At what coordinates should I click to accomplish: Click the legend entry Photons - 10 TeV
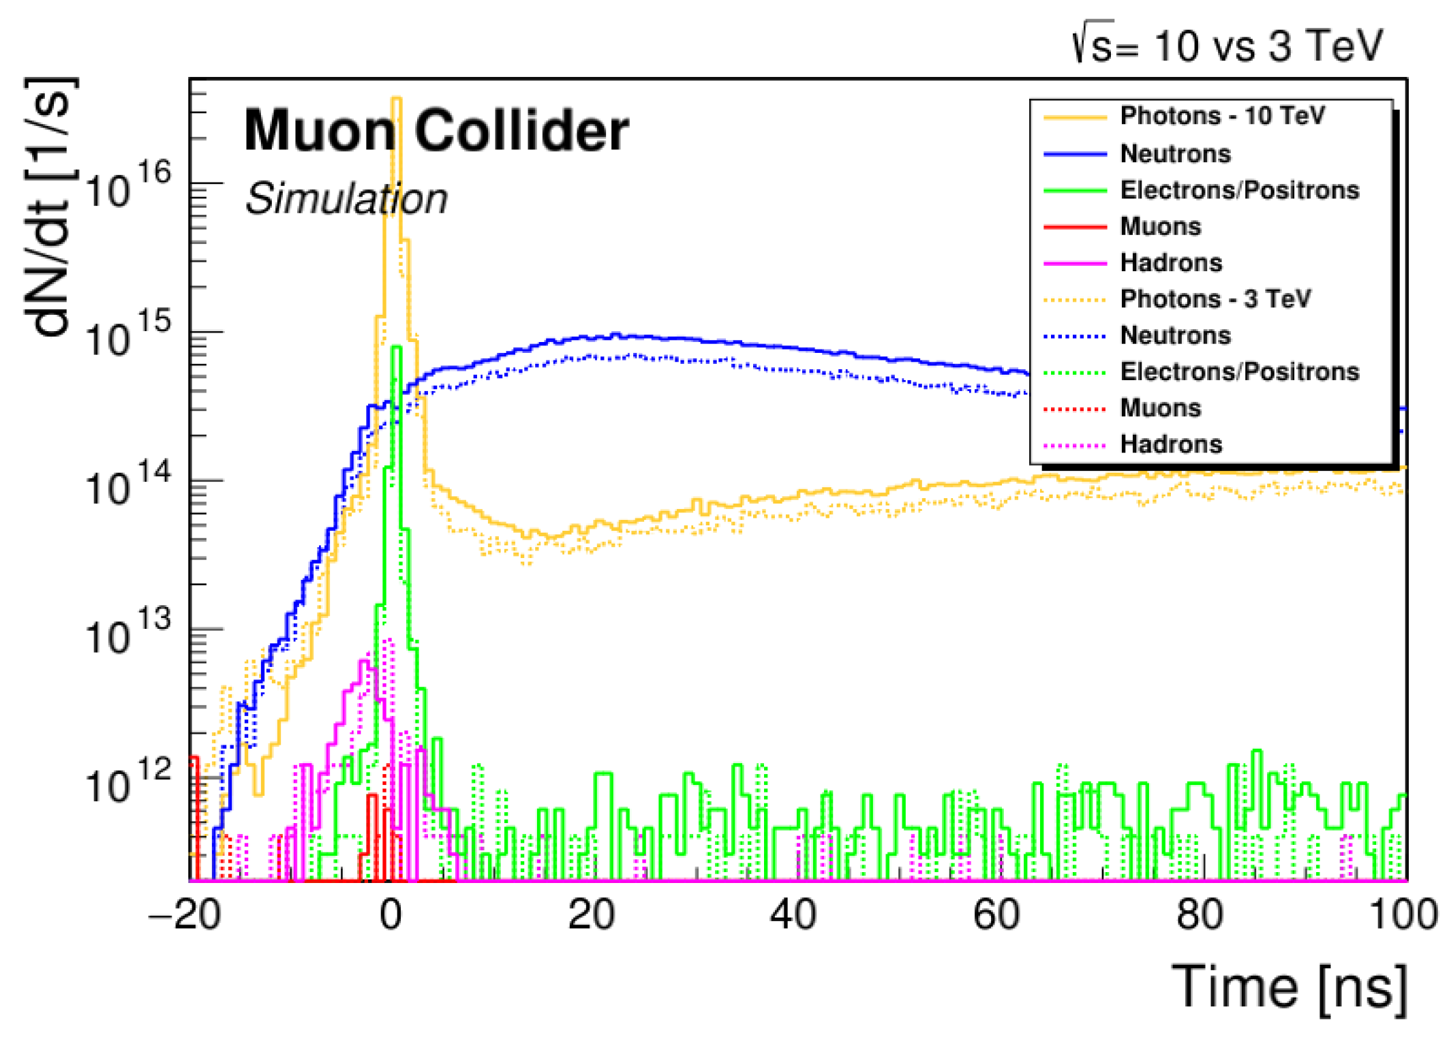[1222, 116]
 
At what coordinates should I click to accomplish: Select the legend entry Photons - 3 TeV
[1215, 298]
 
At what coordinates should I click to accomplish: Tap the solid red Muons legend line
[1075, 226]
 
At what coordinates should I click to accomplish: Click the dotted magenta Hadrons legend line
[1075, 445]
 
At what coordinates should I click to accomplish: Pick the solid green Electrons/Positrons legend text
[1239, 190]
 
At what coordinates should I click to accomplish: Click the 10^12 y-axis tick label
[127, 781]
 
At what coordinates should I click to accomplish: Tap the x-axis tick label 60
[996, 915]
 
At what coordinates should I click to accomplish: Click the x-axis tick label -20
[185, 915]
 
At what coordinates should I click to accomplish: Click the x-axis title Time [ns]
[1288, 987]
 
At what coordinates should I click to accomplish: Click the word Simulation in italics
[346, 199]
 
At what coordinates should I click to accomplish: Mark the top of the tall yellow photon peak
[395, 99]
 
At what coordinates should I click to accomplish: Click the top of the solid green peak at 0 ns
[395, 348]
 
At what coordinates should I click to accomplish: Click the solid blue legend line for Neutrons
[1075, 154]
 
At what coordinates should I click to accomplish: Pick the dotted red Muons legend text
[1160, 408]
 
